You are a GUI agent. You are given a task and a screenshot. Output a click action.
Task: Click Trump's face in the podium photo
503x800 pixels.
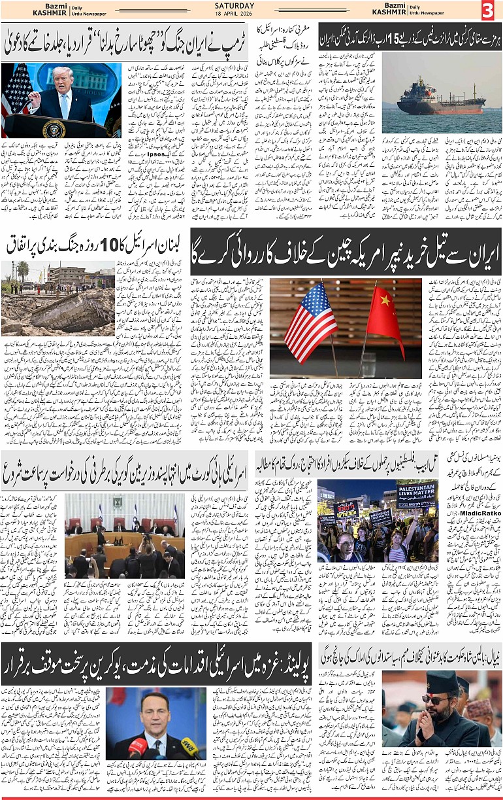(63, 78)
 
